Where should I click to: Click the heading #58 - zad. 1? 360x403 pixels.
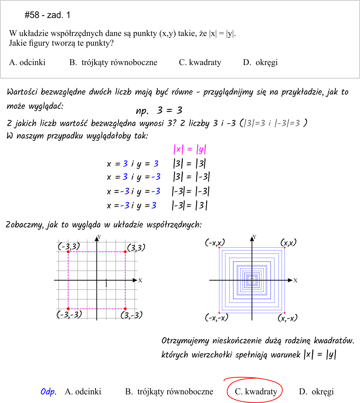[x=47, y=15]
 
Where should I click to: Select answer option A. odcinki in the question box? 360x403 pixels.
[x=27, y=63]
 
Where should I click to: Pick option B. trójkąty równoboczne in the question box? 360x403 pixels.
[x=113, y=63]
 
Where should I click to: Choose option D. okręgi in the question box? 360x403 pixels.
[x=260, y=63]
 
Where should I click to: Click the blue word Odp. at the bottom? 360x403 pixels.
[x=48, y=392]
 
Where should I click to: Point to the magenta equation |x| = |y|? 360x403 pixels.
[x=190, y=149]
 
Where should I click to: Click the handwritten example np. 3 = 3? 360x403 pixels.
[x=159, y=111]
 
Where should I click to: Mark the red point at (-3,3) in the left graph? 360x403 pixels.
[x=68, y=252]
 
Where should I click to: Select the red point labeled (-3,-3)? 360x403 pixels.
[x=68, y=309]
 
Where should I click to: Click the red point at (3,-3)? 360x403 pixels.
[x=125, y=309]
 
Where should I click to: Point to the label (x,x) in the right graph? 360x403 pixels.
[x=288, y=242]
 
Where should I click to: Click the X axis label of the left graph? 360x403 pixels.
[x=140, y=281]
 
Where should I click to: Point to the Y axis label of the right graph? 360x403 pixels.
[x=254, y=237]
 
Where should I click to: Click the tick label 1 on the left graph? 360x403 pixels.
[x=106, y=285]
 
